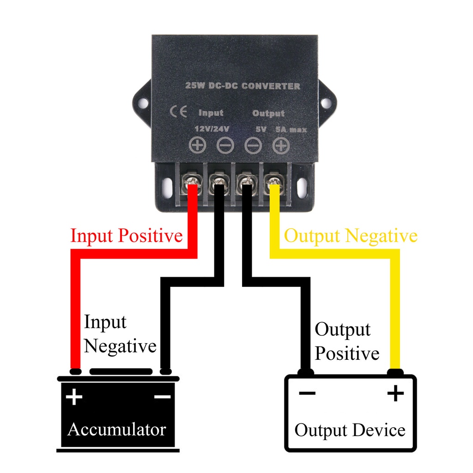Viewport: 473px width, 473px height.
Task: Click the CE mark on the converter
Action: pos(177,112)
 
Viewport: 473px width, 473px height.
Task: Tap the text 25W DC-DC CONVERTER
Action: pos(242,86)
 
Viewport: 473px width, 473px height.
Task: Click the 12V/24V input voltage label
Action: pos(212,129)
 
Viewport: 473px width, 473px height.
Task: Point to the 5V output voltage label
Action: pos(261,130)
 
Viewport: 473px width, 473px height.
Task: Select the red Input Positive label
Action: pos(126,236)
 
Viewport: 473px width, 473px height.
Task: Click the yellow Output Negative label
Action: pos(351,236)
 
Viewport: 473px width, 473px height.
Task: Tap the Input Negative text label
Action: pos(120,334)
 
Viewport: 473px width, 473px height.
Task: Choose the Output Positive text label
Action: pos(346,342)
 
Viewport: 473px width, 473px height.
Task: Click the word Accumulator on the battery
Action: pos(116,430)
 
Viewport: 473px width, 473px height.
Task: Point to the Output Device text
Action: pos(350,431)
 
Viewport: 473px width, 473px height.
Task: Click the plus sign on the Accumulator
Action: pos(74,397)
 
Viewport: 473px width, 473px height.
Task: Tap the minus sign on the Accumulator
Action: pos(162,397)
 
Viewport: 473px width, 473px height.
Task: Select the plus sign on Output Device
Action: pos(395,394)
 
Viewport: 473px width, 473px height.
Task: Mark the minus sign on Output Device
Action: pos(307,394)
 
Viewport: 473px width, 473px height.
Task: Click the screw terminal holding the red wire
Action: pos(191,184)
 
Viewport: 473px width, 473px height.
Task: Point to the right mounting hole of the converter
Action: pos(327,103)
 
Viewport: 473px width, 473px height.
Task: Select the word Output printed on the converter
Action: pos(268,113)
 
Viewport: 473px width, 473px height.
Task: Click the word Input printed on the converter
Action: pos(211,113)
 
